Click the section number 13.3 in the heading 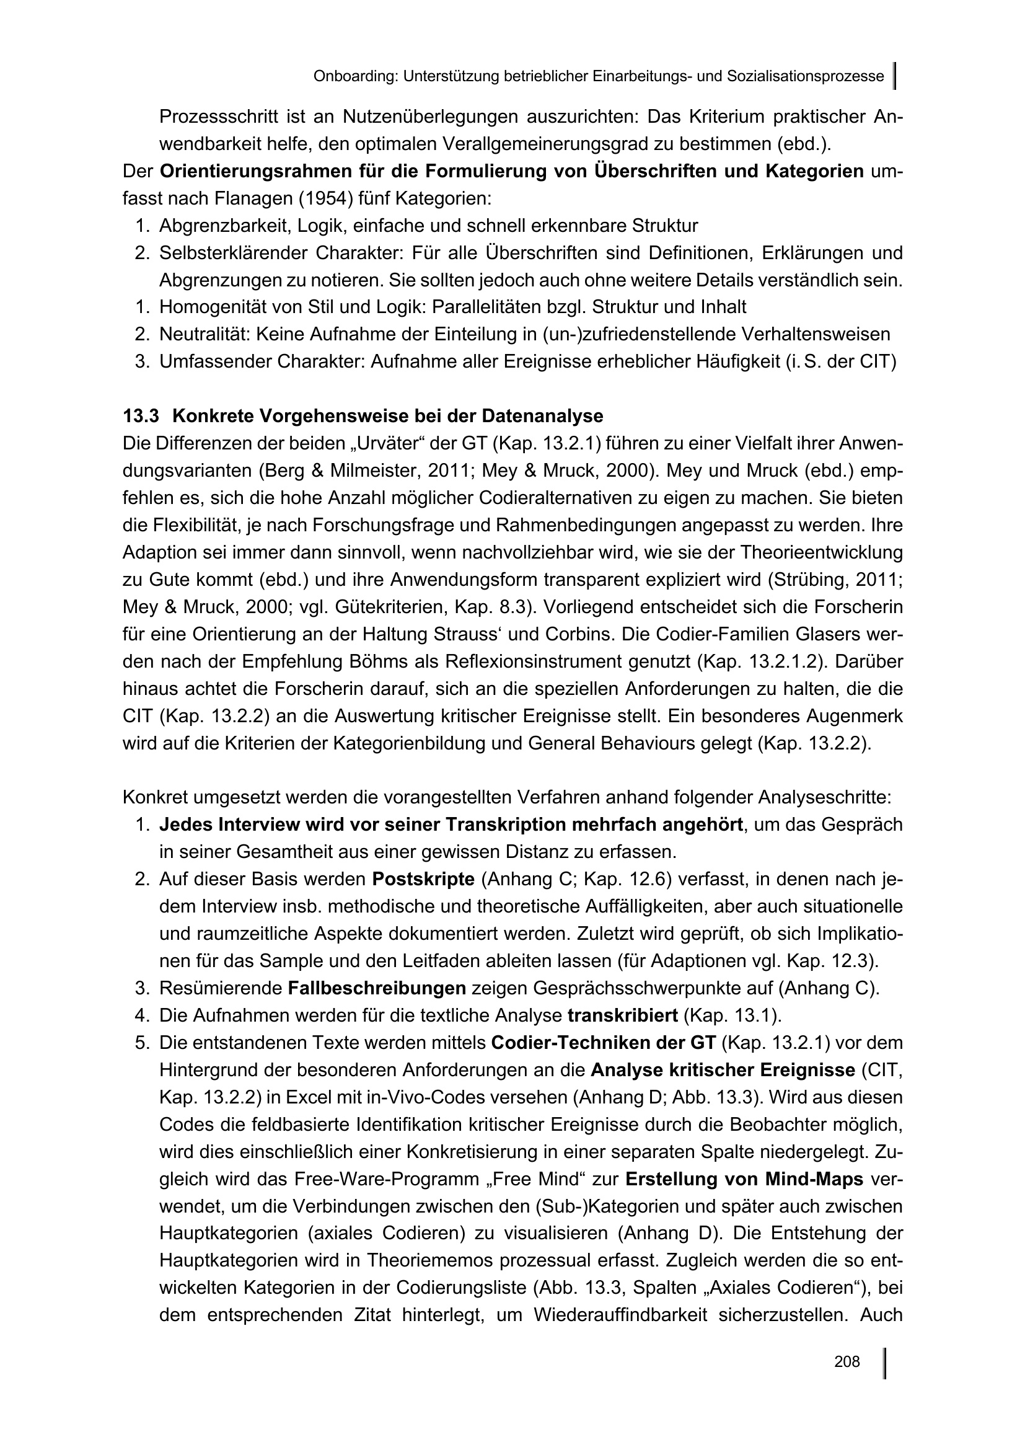pyautogui.click(x=142, y=416)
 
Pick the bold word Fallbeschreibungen pyautogui.click(x=377, y=988)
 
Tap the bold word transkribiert pyautogui.click(x=622, y=1015)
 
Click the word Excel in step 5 pyautogui.click(x=307, y=1098)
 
